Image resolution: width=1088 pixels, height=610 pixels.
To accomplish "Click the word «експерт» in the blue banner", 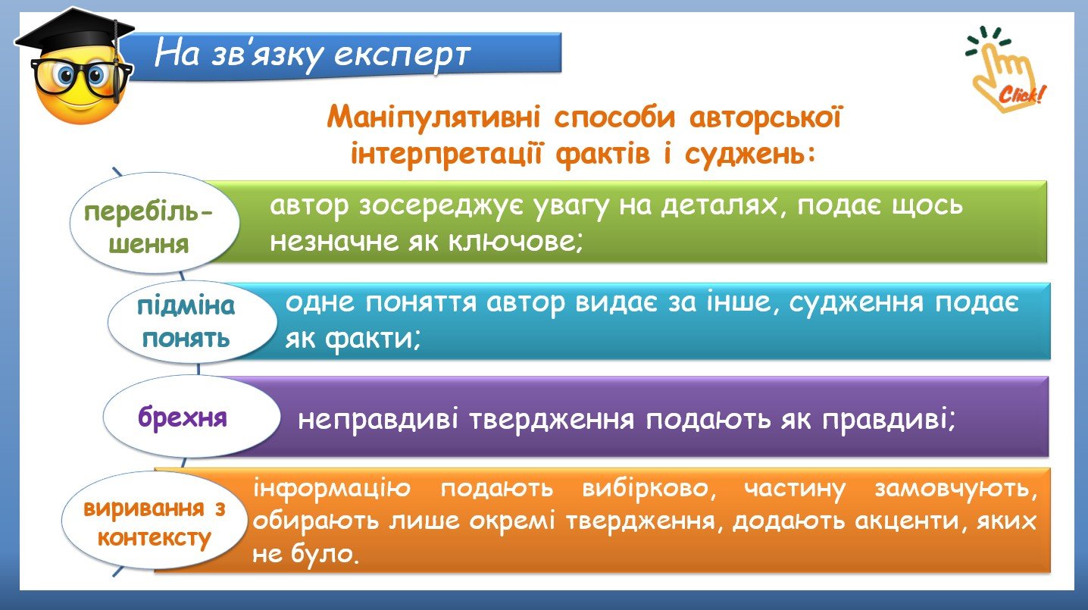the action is click(x=402, y=54).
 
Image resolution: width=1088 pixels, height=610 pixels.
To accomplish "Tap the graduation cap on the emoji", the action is click(x=75, y=36).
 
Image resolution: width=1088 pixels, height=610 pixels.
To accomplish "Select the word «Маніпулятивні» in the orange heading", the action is click(x=433, y=117).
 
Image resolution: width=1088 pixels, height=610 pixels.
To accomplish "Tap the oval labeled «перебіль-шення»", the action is click(x=155, y=224).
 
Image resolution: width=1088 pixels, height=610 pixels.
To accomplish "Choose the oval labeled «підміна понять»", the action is click(x=192, y=321).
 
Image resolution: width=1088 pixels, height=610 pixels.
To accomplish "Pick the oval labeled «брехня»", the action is click(x=191, y=417).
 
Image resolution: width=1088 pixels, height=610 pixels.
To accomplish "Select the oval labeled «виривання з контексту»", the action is click(x=155, y=520).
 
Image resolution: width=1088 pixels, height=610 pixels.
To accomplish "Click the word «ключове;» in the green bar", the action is click(x=515, y=241).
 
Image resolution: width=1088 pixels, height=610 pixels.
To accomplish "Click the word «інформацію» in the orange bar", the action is click(x=332, y=489).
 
